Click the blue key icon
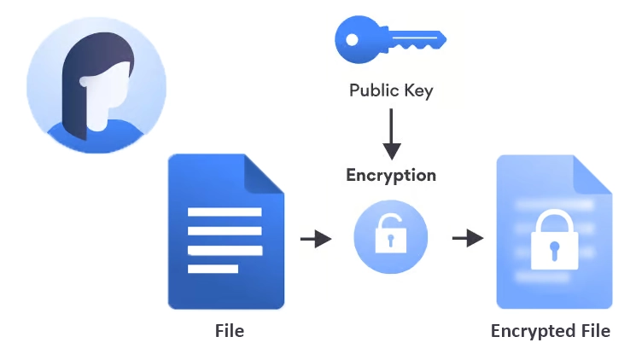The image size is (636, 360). coord(390,39)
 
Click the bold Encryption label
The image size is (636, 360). coord(391,176)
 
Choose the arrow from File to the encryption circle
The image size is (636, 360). coord(316,239)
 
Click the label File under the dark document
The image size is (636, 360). coord(229,330)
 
